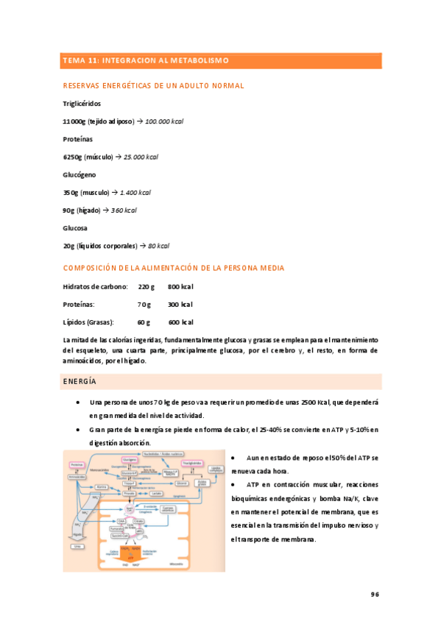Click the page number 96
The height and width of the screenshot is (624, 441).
click(x=374, y=595)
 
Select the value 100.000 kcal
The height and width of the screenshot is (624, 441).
click(x=164, y=121)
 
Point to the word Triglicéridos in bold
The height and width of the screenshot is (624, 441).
click(x=82, y=104)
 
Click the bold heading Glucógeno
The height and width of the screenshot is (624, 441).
click(x=80, y=175)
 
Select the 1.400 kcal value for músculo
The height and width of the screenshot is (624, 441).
click(x=135, y=193)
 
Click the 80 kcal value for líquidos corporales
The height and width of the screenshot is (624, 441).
click(x=158, y=246)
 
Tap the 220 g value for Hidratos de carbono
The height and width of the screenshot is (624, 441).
click(x=147, y=286)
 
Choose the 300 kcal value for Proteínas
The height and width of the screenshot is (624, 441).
click(x=180, y=304)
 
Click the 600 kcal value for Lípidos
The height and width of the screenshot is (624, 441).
click(x=180, y=322)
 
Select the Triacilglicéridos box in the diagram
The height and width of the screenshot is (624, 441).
click(x=187, y=463)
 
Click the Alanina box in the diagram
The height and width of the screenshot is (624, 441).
click(x=103, y=486)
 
